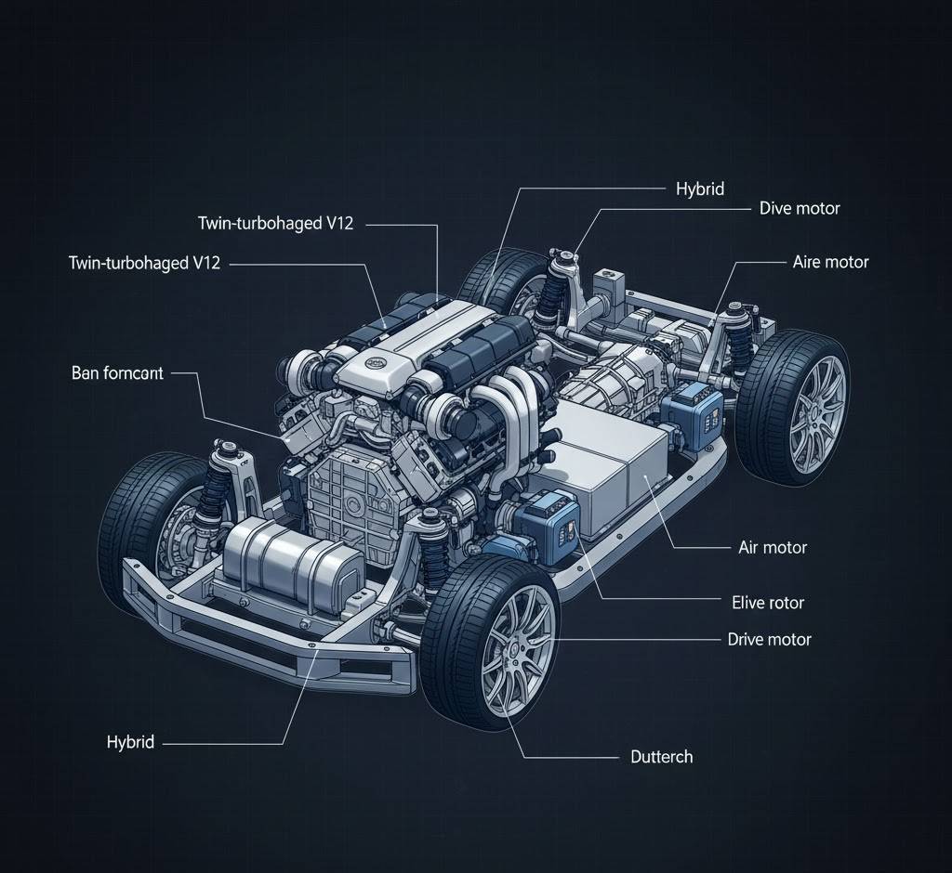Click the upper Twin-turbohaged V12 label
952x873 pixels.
click(275, 224)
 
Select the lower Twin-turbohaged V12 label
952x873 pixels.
click(144, 263)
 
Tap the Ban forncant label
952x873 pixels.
click(117, 373)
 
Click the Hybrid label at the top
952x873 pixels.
click(698, 189)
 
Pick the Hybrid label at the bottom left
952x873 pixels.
click(130, 742)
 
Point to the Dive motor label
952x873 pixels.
click(799, 208)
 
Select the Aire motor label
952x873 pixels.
click(830, 262)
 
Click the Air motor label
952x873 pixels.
click(772, 547)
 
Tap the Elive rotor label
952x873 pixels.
click(768, 603)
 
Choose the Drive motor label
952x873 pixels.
click(769, 639)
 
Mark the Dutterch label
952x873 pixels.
click(661, 756)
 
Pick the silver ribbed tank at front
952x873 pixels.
click(290, 560)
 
